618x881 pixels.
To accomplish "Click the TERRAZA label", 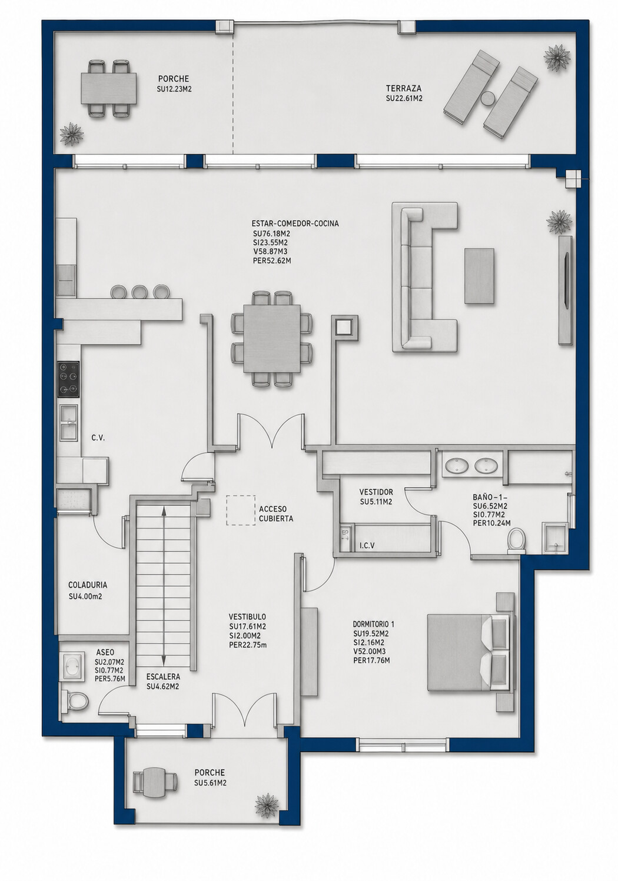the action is (x=404, y=88).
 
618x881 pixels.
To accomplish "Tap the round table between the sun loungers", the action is (x=489, y=98).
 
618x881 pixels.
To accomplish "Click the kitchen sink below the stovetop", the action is (x=69, y=423).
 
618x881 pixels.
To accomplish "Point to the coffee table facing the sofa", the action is (x=479, y=276).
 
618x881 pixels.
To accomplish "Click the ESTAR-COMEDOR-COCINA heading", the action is (x=295, y=224).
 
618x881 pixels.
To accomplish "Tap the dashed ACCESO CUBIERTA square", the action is (x=241, y=510).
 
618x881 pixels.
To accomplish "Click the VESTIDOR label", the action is (x=376, y=492).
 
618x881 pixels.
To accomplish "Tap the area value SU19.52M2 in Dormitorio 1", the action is (x=371, y=633).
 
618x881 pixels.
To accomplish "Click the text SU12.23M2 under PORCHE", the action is (x=174, y=89).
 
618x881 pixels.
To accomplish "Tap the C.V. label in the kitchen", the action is (x=98, y=438).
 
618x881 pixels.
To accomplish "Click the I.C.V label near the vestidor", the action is (x=367, y=545).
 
